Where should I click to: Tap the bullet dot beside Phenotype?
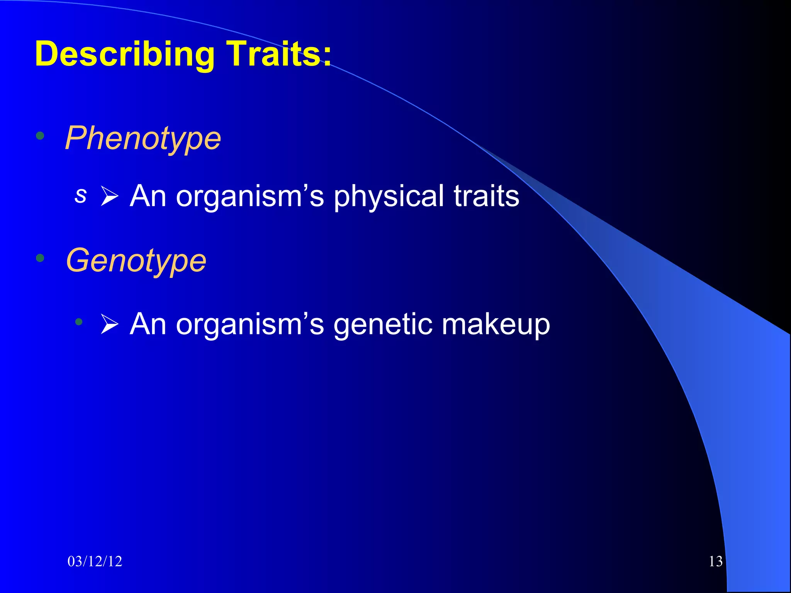[40, 136]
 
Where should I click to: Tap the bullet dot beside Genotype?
[40, 258]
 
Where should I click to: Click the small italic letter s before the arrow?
[80, 195]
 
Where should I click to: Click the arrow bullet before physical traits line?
[109, 196]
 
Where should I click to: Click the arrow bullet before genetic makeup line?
[109, 324]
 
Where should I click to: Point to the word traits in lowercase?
[486, 196]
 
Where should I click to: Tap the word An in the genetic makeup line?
[148, 324]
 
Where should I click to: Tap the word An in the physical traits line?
[148, 196]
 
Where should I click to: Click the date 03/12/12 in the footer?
[95, 561]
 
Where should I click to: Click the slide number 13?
[716, 561]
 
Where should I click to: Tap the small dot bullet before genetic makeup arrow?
[79, 322]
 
